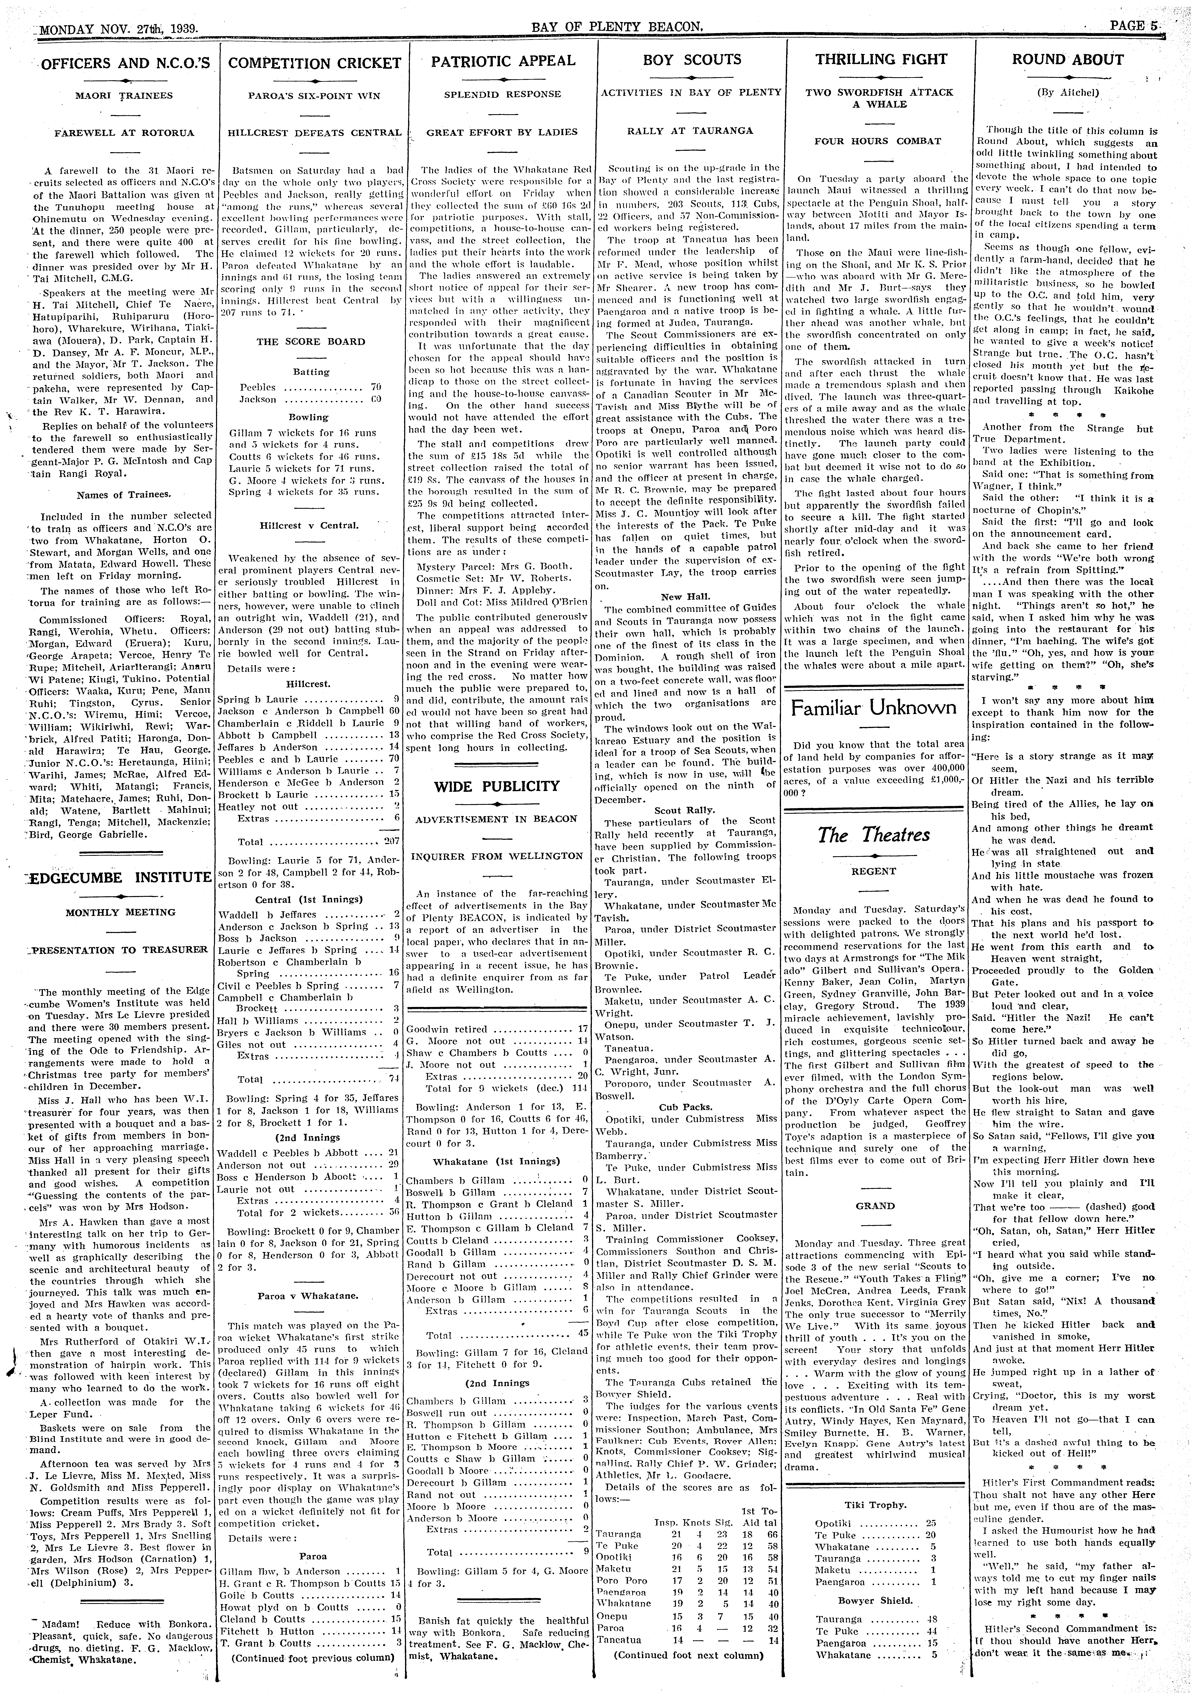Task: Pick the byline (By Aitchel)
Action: coord(1068,93)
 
